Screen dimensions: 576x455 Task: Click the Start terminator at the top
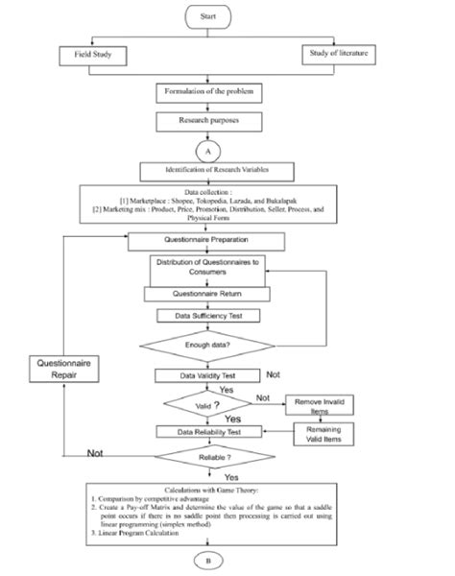click(208, 17)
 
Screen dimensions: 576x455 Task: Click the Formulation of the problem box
click(208, 93)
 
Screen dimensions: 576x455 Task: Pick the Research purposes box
click(208, 123)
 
